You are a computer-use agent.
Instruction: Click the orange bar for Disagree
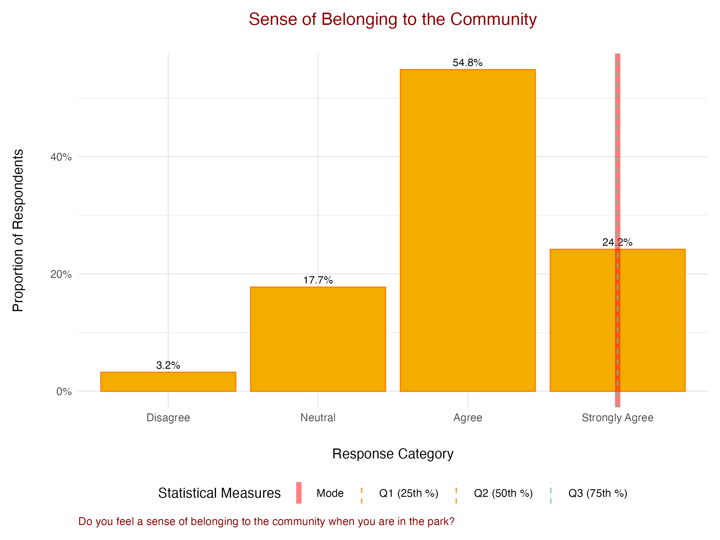(168, 382)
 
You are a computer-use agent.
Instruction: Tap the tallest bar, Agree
(467, 230)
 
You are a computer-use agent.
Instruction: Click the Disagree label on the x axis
(168, 418)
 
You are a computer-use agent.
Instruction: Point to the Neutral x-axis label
(318, 418)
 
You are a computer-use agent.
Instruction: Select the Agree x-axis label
(467, 418)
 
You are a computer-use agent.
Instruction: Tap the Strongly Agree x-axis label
(617, 418)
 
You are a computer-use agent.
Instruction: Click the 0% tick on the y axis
(64, 391)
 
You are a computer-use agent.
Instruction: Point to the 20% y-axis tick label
(61, 274)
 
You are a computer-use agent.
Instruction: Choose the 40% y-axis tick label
(61, 157)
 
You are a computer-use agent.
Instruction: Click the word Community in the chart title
(493, 19)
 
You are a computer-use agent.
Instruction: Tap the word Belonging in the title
(359, 20)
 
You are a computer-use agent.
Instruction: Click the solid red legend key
(299, 493)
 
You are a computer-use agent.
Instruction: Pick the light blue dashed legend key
(551, 493)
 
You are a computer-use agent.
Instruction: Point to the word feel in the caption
(125, 521)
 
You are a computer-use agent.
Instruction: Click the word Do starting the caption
(85, 521)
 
